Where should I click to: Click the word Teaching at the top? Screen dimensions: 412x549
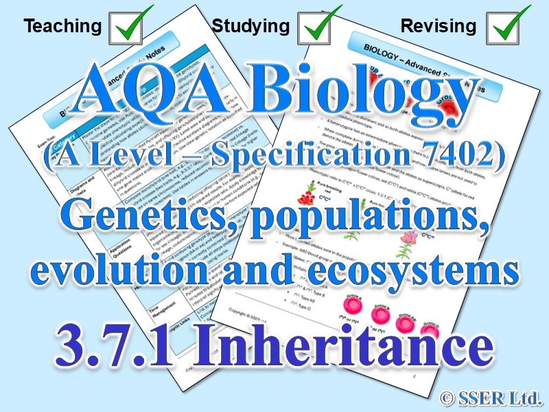(62, 27)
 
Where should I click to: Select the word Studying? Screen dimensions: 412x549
(250, 27)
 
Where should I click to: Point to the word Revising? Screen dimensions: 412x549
(438, 27)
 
